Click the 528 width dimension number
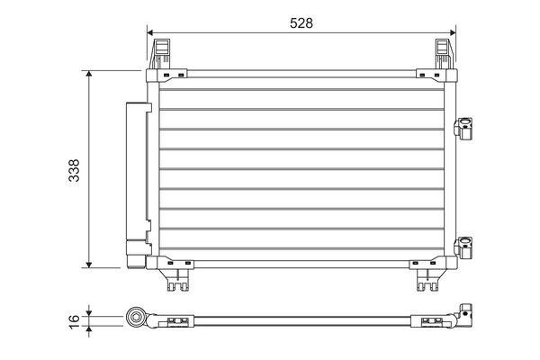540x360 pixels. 301,23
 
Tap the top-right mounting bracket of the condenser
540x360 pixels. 444,53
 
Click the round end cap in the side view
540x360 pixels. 137,317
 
